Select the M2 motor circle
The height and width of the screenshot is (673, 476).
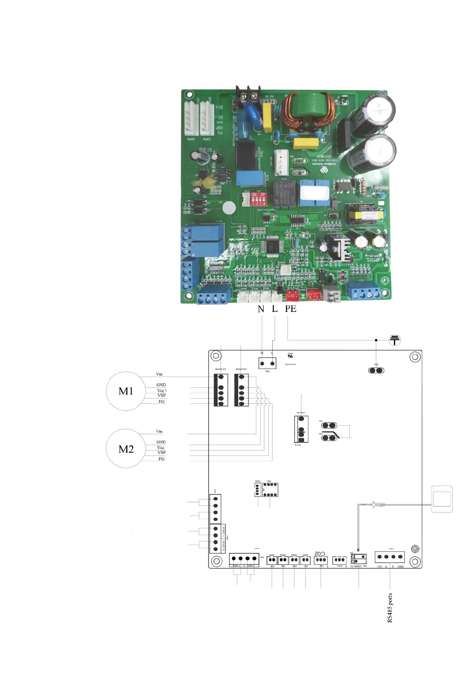[125, 449]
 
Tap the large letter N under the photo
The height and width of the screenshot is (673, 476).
[261, 309]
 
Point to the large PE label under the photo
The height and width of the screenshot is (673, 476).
[291, 309]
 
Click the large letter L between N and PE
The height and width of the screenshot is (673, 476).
[275, 309]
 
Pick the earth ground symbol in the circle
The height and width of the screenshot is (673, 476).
[394, 340]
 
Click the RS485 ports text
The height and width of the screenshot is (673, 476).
[390, 607]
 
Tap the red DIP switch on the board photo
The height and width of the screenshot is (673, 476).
[258, 199]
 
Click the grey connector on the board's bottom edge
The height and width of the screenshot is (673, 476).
[331, 294]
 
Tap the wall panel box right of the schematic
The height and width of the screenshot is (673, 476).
[442, 499]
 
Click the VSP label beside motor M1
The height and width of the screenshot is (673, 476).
[161, 395]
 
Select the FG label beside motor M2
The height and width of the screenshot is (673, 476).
[161, 459]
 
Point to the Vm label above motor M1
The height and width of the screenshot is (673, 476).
[159, 374]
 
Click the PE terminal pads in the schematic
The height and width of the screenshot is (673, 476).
[376, 370]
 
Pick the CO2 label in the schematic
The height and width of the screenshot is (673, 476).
[320, 554]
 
